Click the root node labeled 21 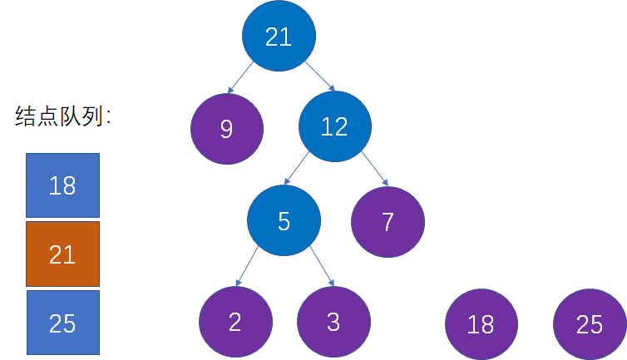coord(279,36)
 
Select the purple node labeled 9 coord(227,128)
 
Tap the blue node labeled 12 coord(335,126)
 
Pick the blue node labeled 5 coord(284,220)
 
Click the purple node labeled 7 coord(388,222)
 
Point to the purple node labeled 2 coord(235,322)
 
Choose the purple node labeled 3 coord(333,322)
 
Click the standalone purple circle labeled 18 coord(481,324)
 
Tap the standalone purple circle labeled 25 coord(590,324)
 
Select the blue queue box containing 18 coord(62,185)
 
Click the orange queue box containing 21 coord(62,254)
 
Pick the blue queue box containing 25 coord(63,323)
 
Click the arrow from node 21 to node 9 coord(240,77)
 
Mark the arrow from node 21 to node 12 coord(320,76)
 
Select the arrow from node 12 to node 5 coord(296,169)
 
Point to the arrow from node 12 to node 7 coord(375,169)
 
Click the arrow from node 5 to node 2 coord(247,266)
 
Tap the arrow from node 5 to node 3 coord(322,266)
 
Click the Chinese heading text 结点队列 coord(59,116)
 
